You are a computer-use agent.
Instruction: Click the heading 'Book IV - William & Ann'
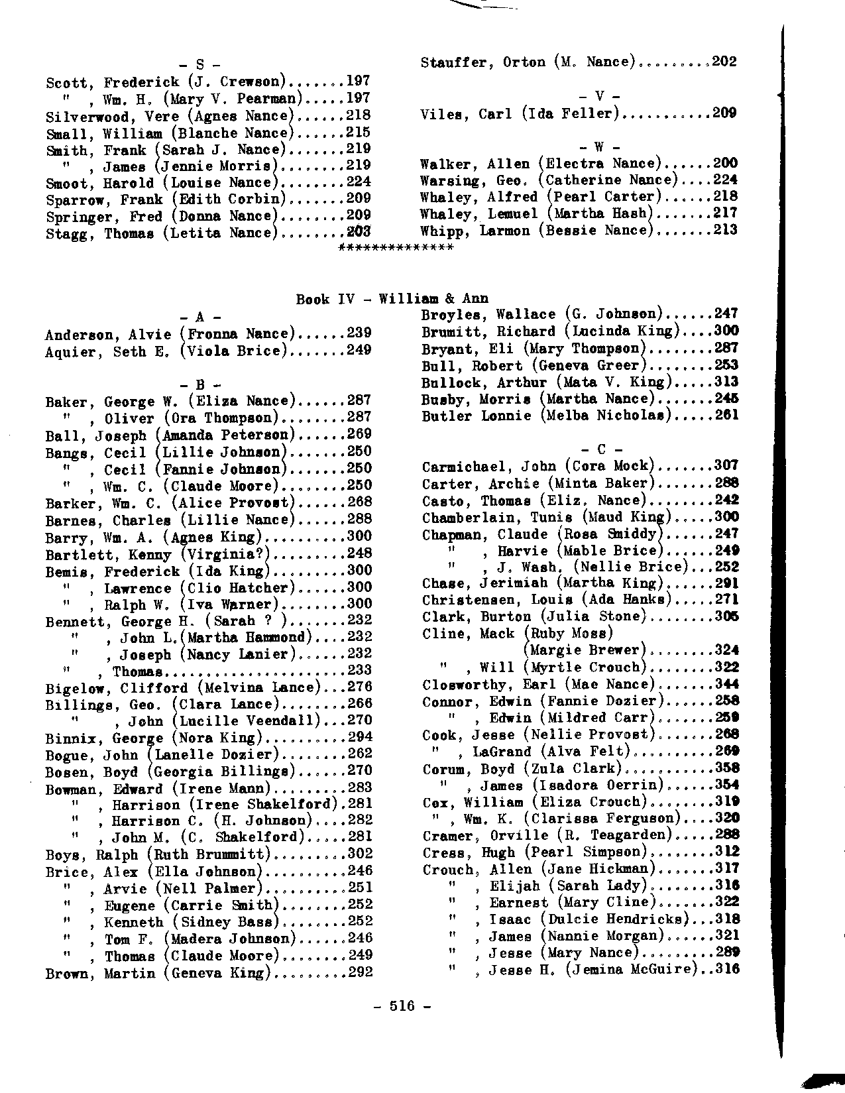click(x=392, y=299)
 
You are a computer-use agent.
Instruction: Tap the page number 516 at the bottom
click(x=402, y=1006)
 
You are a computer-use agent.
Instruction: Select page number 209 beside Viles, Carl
click(x=724, y=114)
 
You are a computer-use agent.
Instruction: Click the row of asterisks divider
click(x=396, y=248)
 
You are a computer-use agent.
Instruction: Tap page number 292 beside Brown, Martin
click(x=360, y=973)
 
